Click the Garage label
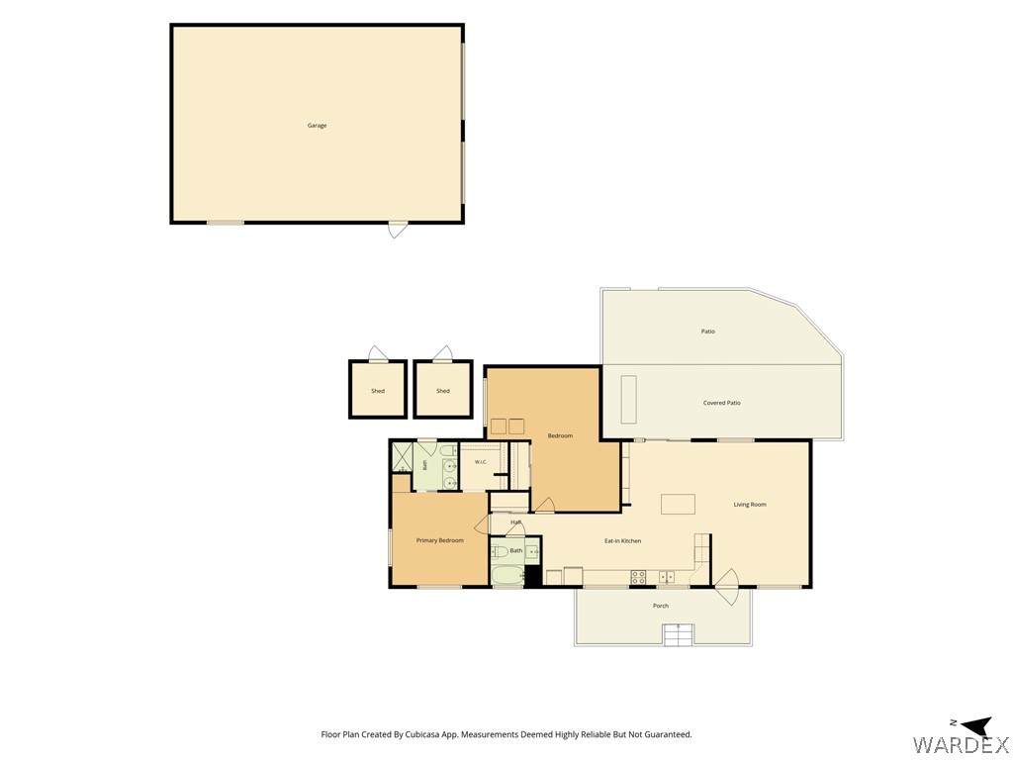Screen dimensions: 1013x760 pyautogui.click(x=317, y=126)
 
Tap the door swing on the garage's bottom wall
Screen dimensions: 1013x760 pyautogui.click(x=398, y=230)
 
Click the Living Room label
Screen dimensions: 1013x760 pyautogui.click(x=750, y=504)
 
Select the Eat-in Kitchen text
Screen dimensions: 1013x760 pyautogui.click(x=623, y=540)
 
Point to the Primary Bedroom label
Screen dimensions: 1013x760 pyautogui.click(x=440, y=540)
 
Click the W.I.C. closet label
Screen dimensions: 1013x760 pyautogui.click(x=480, y=461)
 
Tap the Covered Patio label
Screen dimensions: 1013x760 pyautogui.click(x=721, y=403)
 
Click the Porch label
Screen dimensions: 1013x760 pyautogui.click(x=660, y=606)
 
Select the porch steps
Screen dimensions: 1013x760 pyautogui.click(x=679, y=634)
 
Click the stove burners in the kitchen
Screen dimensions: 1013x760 pyautogui.click(x=638, y=577)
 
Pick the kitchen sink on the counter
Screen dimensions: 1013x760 pyautogui.click(x=667, y=577)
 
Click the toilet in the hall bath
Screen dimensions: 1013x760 pyautogui.click(x=500, y=551)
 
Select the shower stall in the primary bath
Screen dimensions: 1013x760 pyautogui.click(x=402, y=457)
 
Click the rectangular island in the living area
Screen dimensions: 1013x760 pyautogui.click(x=678, y=504)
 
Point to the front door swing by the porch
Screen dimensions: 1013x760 pyautogui.click(x=725, y=586)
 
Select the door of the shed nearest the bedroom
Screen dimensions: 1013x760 pyautogui.click(x=442, y=354)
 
